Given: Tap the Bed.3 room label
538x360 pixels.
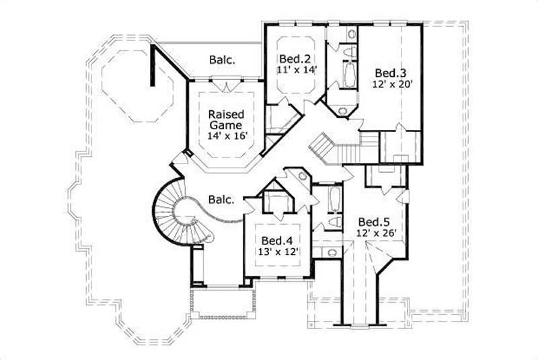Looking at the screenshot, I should coord(389,73).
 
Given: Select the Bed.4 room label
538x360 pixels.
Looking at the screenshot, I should coord(276,240).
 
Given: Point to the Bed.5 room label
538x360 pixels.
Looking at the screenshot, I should coord(372,221).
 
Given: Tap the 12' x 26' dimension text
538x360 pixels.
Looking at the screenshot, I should coord(372,233).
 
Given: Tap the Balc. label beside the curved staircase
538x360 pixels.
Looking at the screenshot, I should coord(221,200).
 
